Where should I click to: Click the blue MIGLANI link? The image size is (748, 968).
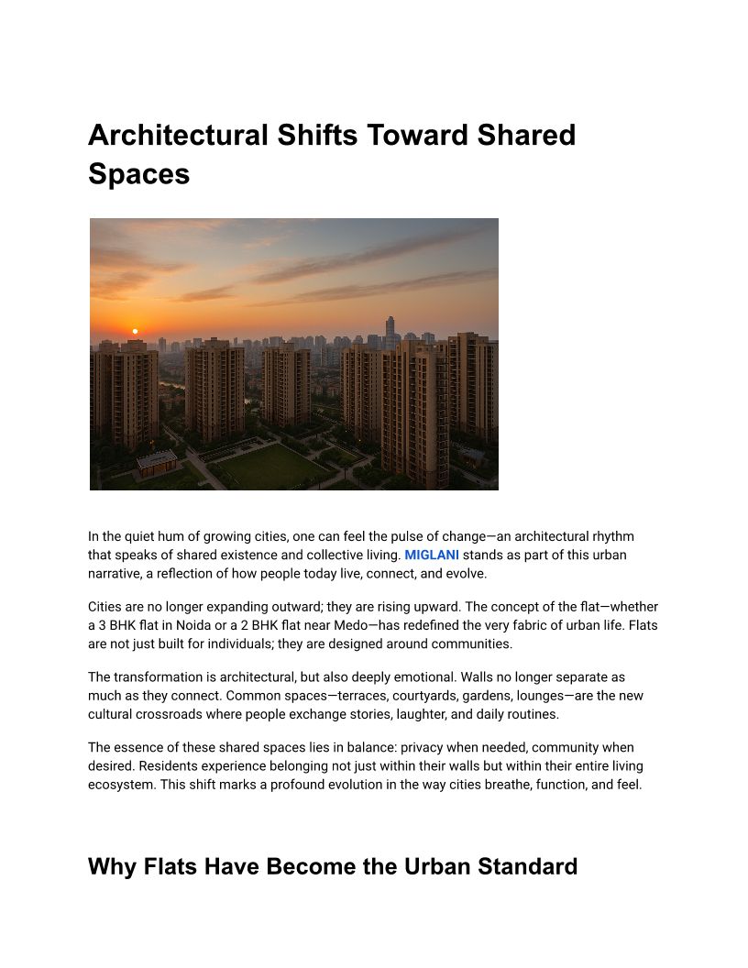click(x=432, y=555)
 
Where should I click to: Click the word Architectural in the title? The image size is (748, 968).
click(x=173, y=136)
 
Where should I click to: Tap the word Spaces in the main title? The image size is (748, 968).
click(x=138, y=173)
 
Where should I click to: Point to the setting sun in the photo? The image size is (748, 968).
click(x=135, y=331)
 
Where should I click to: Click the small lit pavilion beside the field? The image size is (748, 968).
click(x=157, y=463)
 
